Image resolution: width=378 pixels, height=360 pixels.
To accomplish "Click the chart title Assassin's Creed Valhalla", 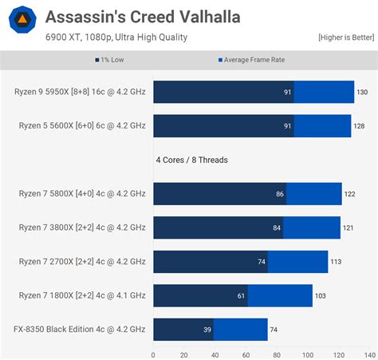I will tap(142, 16).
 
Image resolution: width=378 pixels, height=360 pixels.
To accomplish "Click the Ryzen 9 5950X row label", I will tap(80, 92).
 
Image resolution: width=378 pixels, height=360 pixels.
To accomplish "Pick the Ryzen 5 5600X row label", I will tap(80, 125).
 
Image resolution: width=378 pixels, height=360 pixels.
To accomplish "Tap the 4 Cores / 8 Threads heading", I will tap(191, 160).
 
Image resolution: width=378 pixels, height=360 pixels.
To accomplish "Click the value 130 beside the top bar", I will tap(362, 93).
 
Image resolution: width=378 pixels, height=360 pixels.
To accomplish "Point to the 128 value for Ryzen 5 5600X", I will tap(359, 126).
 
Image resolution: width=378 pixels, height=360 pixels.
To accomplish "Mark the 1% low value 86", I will tap(280, 194).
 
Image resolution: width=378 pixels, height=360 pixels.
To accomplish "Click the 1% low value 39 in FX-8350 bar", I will tap(207, 330).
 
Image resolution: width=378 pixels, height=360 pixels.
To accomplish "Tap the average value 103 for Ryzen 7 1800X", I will tap(320, 296).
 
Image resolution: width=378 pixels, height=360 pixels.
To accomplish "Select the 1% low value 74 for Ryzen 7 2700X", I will tap(261, 262).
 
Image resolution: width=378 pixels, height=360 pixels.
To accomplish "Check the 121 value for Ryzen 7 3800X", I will tap(348, 228).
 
